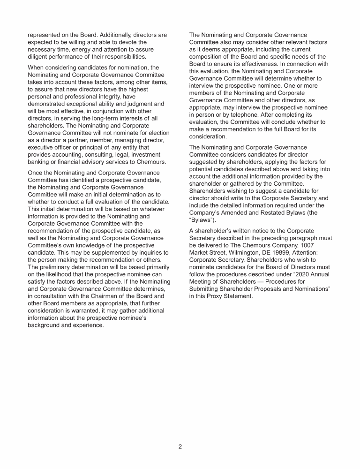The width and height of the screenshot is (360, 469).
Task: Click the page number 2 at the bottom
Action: [x=180, y=446]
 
